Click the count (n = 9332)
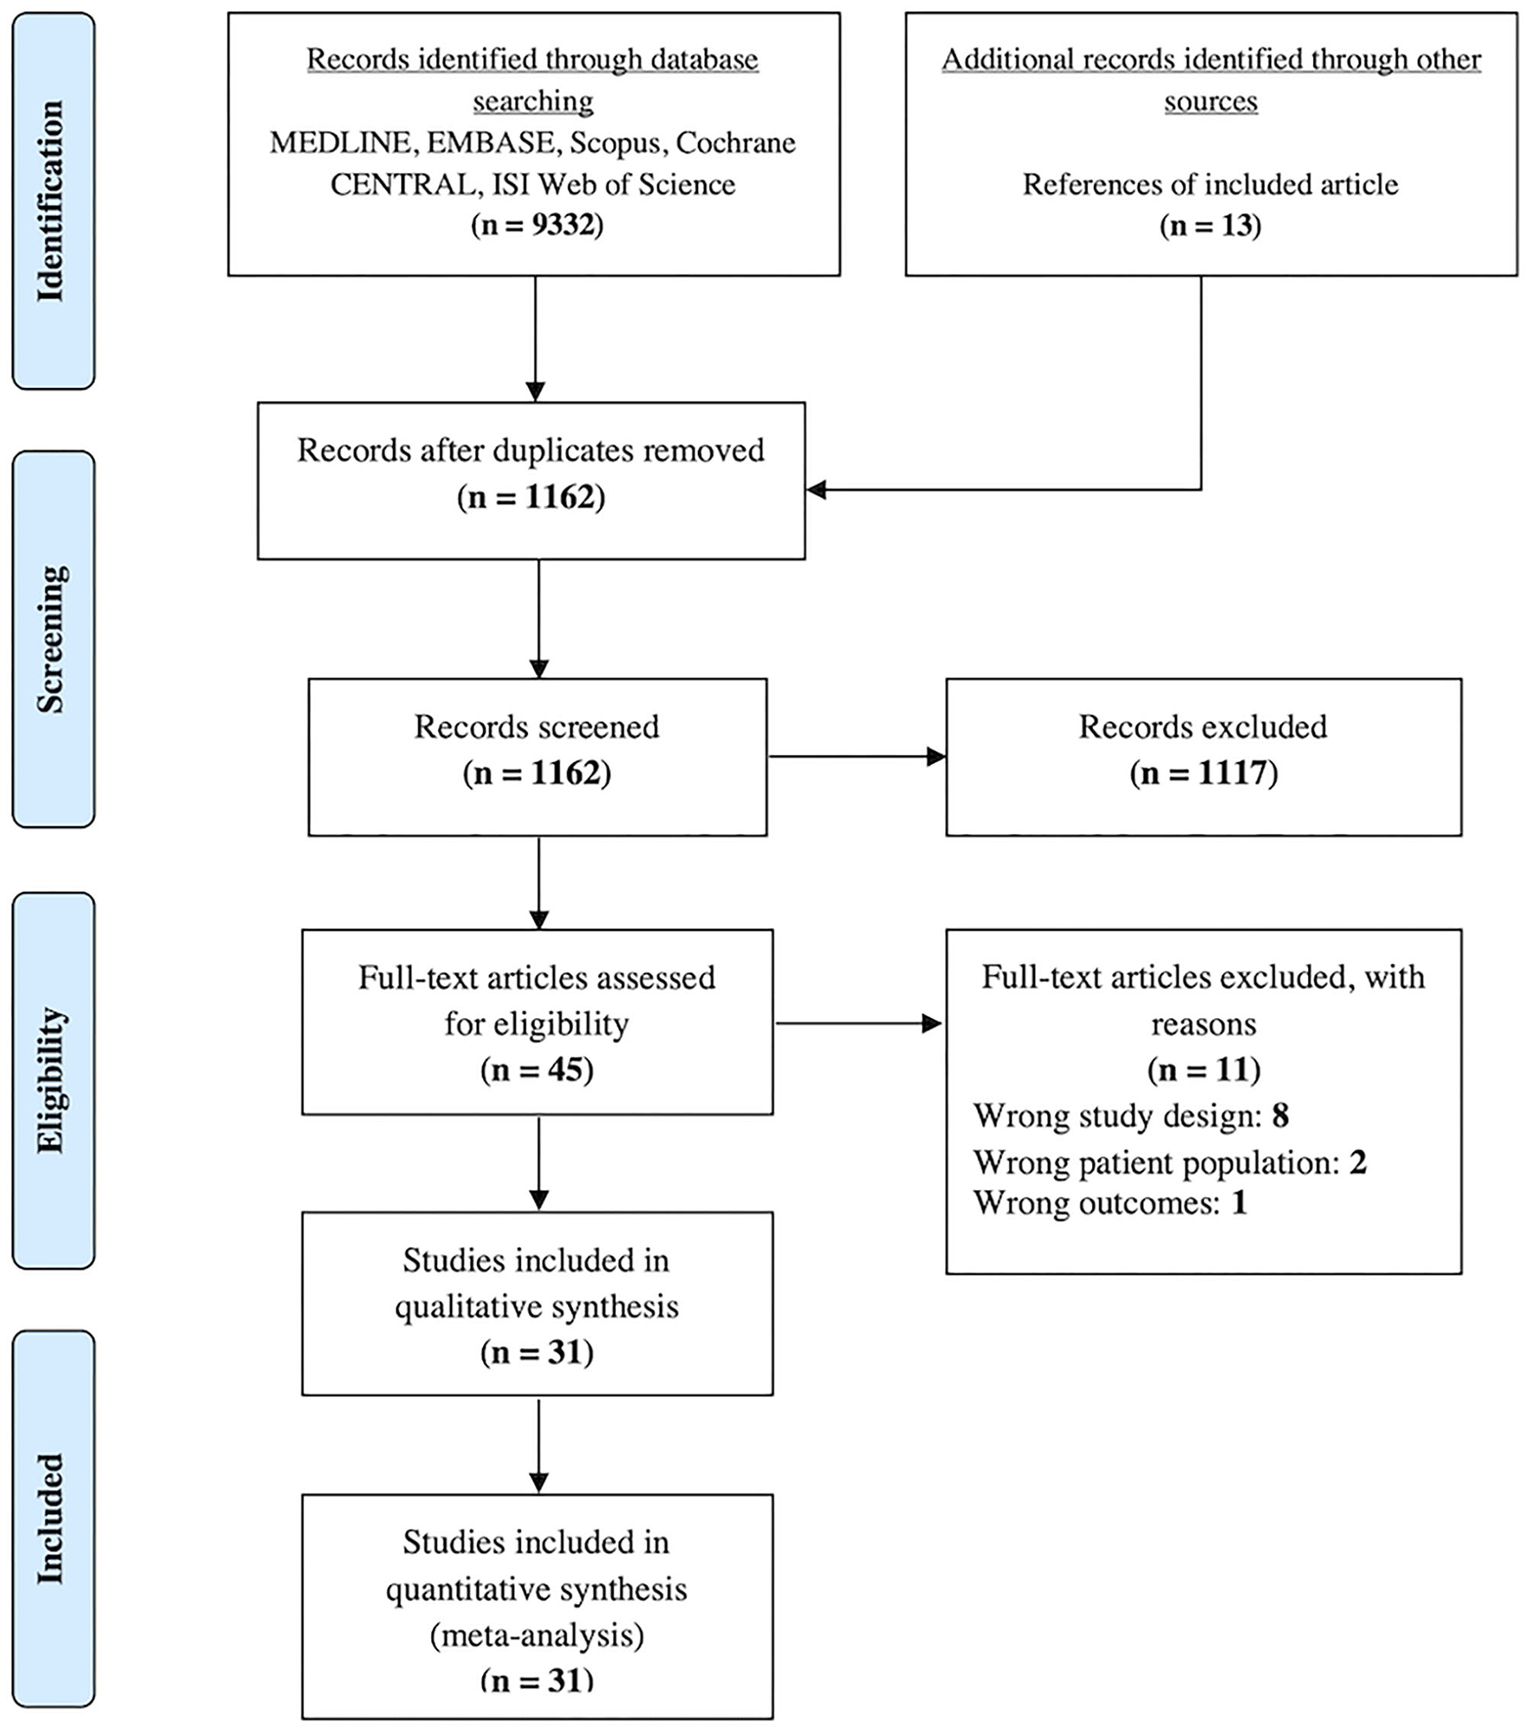(x=537, y=226)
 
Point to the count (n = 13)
(x=1210, y=226)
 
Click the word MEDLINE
(x=343, y=143)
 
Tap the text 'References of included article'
(x=1210, y=184)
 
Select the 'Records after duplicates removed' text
(x=530, y=450)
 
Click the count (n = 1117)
(x=1203, y=773)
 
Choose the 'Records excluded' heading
(x=1203, y=727)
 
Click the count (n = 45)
(x=537, y=1070)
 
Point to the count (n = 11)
(x=1203, y=1070)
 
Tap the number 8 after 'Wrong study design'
(x=1280, y=1116)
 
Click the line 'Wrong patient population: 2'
(x=1169, y=1162)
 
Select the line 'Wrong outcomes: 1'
(x=1110, y=1203)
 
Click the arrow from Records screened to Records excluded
(x=855, y=757)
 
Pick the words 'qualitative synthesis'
(x=537, y=1307)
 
